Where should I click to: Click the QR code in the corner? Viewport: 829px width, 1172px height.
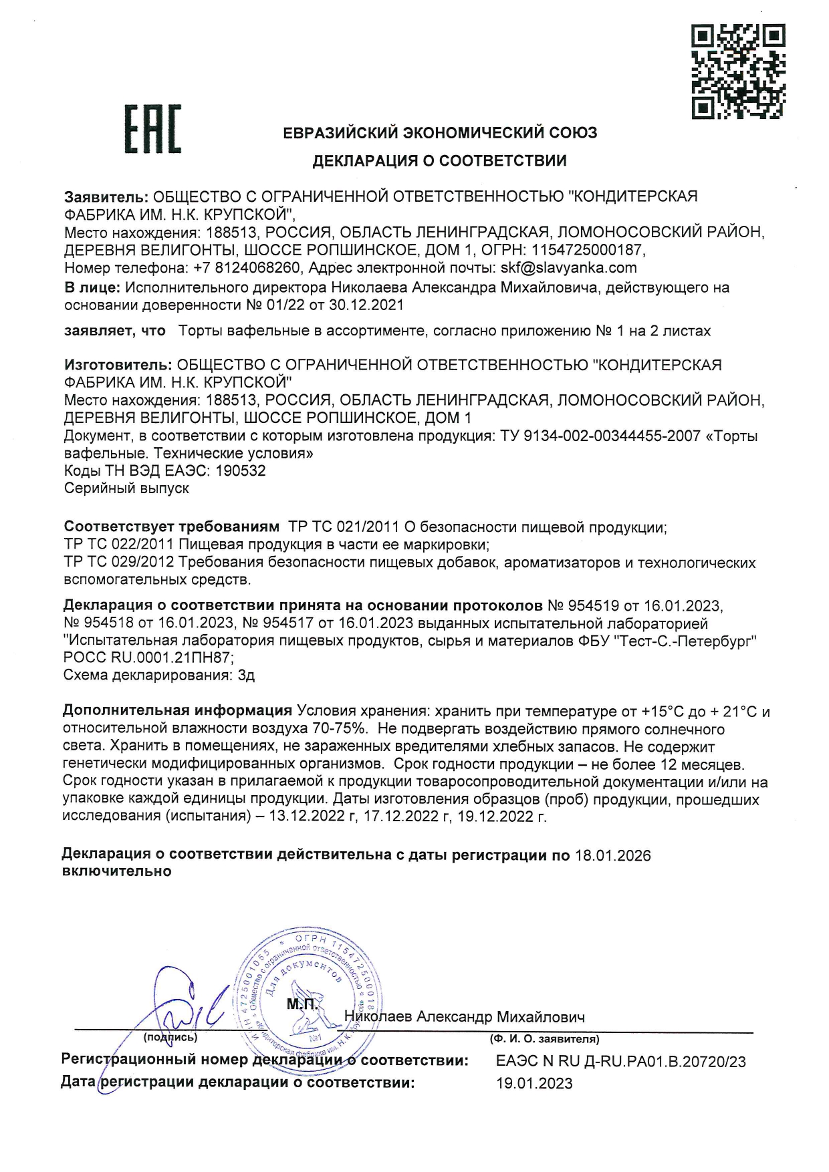pyautogui.click(x=737, y=71)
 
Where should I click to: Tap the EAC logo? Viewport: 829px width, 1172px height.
pyautogui.click(x=153, y=130)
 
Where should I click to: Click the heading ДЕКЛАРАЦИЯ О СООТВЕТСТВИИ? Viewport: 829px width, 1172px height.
pyautogui.click(x=439, y=160)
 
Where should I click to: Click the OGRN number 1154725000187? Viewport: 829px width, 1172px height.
pyautogui.click(x=588, y=250)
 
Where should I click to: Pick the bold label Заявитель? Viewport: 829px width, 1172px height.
pyautogui.click(x=106, y=196)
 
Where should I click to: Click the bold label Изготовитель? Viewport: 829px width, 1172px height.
pyautogui.click(x=118, y=365)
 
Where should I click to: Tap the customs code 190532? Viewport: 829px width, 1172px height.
pyautogui.click(x=241, y=470)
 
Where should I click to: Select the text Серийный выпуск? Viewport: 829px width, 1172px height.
pyautogui.click(x=126, y=488)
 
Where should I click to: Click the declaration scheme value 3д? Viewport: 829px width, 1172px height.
pyautogui.click(x=246, y=675)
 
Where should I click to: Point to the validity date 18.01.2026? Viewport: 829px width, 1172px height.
pyautogui.click(x=612, y=856)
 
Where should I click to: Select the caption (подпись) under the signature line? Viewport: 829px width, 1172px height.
pyautogui.click(x=170, y=1038)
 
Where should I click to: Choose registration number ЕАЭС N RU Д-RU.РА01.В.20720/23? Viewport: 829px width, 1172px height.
pyautogui.click(x=621, y=1061)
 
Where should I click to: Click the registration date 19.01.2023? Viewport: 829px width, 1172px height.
pyautogui.click(x=534, y=1083)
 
